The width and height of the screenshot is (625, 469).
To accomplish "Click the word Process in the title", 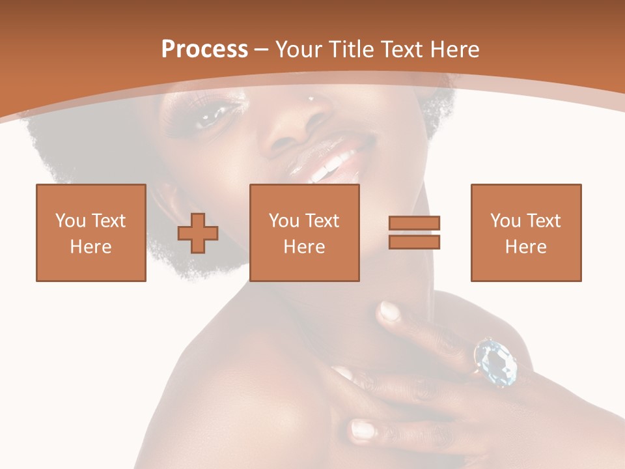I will point(204,49).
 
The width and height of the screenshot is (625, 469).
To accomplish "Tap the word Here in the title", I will point(454,49).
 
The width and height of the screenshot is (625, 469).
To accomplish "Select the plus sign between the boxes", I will point(198,233).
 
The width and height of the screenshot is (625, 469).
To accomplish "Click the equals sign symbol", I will point(415,233).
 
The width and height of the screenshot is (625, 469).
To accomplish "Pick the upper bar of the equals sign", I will point(415,223).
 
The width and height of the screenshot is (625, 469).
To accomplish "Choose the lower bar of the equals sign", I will point(415,242).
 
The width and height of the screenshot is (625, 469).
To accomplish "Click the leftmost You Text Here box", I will point(91,233).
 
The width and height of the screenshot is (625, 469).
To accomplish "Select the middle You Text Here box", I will point(305,233).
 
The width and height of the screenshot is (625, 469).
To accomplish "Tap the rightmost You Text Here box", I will point(526,233).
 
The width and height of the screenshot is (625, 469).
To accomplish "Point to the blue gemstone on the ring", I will point(495,362).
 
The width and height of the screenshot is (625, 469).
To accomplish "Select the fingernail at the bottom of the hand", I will point(362,430).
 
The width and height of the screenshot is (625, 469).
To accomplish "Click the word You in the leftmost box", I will point(70,221).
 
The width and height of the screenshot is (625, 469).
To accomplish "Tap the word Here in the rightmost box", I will point(526,247).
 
